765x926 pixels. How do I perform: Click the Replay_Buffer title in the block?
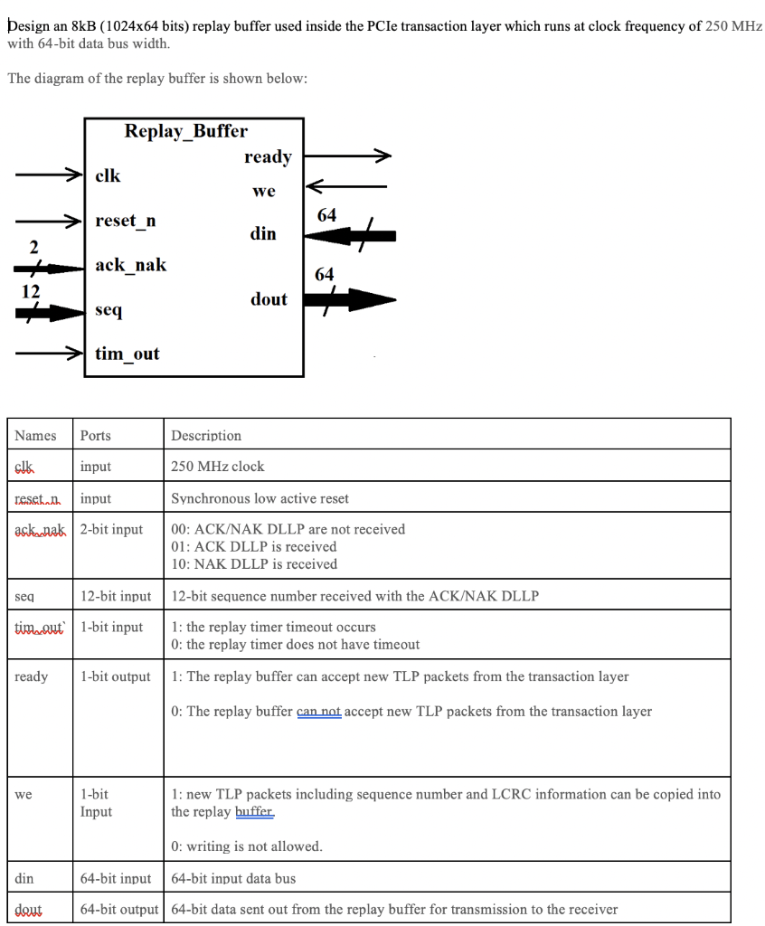(x=185, y=131)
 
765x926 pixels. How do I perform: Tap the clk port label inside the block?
(x=108, y=175)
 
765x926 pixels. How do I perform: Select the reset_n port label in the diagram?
(x=125, y=221)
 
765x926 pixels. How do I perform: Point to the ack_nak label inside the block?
(x=130, y=265)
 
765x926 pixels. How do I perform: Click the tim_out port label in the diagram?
(x=127, y=354)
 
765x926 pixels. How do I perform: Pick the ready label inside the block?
(x=268, y=157)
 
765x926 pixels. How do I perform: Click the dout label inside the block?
(x=269, y=299)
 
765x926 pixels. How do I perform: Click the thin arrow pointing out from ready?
(x=348, y=157)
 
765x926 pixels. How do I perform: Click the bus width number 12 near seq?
(x=31, y=291)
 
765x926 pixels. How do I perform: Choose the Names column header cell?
(x=36, y=436)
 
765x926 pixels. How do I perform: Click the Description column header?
(x=206, y=436)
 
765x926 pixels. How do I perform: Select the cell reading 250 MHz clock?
(x=218, y=467)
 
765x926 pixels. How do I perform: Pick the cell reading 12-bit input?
(x=116, y=596)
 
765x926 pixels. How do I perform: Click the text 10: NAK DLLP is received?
(x=254, y=563)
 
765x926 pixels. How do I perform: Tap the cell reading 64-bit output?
(x=119, y=909)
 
